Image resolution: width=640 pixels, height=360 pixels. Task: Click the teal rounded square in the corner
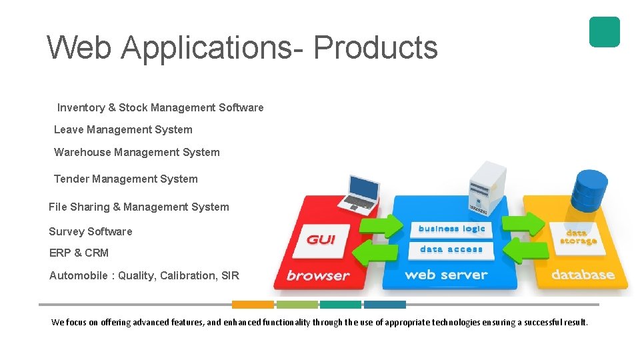pyautogui.click(x=604, y=32)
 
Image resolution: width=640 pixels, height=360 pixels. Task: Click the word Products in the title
pyautogui.click(x=375, y=48)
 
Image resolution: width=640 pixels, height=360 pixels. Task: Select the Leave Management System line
pyautogui.click(x=123, y=129)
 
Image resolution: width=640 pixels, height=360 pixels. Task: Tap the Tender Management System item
pyautogui.click(x=125, y=179)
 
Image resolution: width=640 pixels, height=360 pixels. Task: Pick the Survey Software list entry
pyautogui.click(x=90, y=231)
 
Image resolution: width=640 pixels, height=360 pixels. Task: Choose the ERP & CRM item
pyautogui.click(x=79, y=253)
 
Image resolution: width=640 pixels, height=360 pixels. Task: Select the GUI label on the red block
pyautogui.click(x=321, y=239)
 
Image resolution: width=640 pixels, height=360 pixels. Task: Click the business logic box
pyautogui.click(x=451, y=229)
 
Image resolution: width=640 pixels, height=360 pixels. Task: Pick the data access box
pyautogui.click(x=451, y=249)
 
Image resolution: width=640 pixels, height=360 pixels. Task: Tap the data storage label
pyautogui.click(x=577, y=237)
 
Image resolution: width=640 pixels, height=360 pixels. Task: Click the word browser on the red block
pyautogui.click(x=318, y=275)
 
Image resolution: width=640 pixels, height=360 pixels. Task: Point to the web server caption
pyautogui.click(x=446, y=275)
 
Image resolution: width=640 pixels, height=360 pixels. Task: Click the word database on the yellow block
pyautogui.click(x=583, y=275)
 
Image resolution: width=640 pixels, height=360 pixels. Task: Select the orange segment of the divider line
pyautogui.click(x=253, y=305)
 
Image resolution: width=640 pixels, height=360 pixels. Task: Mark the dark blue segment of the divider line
pyautogui.click(x=385, y=305)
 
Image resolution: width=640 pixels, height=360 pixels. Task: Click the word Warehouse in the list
pyautogui.click(x=83, y=152)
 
